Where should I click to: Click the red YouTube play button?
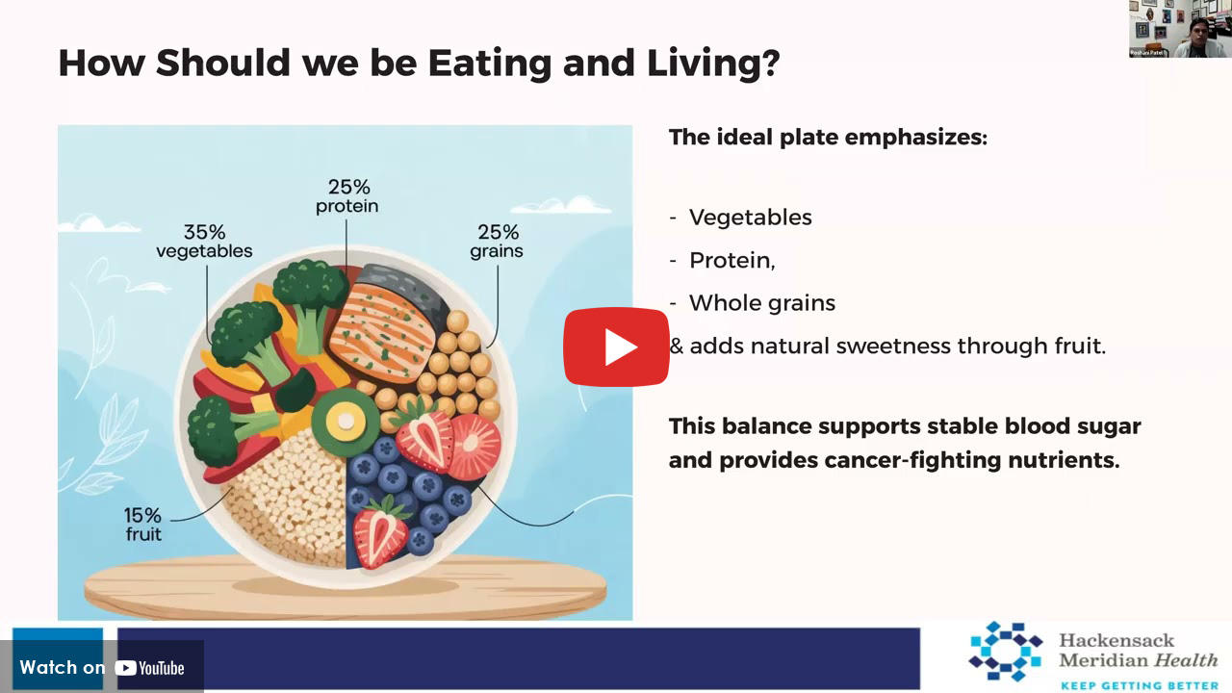point(616,347)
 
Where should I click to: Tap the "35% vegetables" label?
point(204,241)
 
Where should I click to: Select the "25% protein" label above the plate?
point(347,195)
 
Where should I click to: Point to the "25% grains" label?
point(497,241)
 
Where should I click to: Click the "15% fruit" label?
point(143,525)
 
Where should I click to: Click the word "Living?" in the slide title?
point(713,64)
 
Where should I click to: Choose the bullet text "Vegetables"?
point(750,218)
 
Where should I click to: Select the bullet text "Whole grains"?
point(762,303)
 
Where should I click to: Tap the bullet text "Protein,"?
point(732,260)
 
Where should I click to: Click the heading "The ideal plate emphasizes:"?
point(829,138)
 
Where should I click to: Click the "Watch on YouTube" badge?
point(102,667)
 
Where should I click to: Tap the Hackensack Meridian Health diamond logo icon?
point(1006,652)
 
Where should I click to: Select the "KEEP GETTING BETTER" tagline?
point(1140,685)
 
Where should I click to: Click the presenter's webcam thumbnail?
point(1180,29)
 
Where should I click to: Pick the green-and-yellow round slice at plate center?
point(345,423)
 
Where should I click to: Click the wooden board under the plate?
point(346,587)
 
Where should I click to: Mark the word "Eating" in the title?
point(490,64)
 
